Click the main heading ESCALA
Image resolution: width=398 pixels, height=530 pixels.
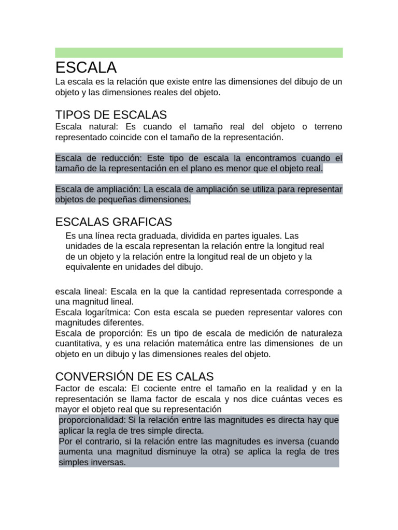click(86, 67)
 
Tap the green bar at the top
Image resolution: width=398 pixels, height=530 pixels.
click(198, 53)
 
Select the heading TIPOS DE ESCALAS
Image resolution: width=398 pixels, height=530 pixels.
click(111, 114)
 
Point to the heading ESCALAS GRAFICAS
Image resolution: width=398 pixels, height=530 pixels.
click(113, 222)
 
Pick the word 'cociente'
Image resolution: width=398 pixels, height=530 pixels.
click(155, 388)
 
